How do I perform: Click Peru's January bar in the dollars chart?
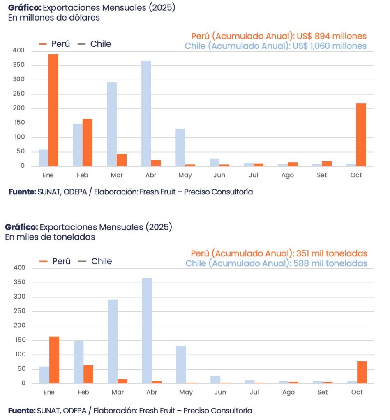(x=53, y=110)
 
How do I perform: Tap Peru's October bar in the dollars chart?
(x=361, y=135)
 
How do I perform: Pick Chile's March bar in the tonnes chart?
(x=113, y=342)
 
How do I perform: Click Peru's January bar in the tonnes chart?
(x=54, y=360)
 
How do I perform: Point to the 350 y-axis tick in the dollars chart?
(x=18, y=65)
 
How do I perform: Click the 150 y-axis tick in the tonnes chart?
(x=19, y=340)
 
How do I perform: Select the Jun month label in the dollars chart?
(x=219, y=175)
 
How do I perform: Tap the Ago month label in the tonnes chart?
(x=288, y=393)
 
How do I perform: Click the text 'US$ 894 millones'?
(x=331, y=36)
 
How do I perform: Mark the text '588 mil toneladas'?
(x=330, y=263)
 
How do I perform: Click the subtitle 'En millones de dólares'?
(x=54, y=18)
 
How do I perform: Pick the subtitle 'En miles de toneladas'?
(x=50, y=237)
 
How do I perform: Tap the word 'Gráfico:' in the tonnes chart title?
(x=21, y=227)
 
